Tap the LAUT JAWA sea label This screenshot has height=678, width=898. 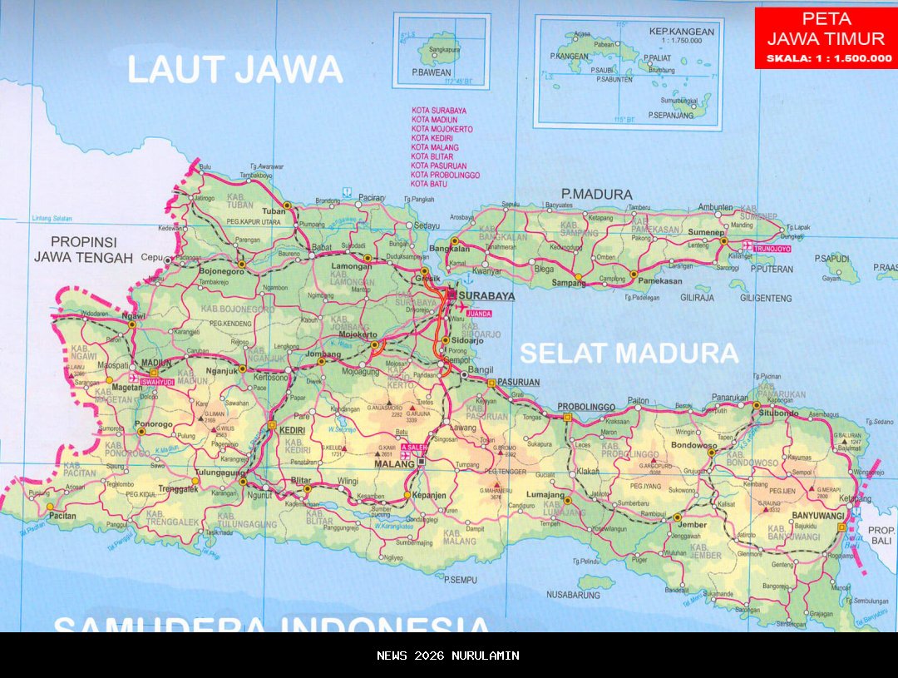click(x=234, y=69)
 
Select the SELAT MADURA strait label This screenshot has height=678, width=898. click(x=629, y=354)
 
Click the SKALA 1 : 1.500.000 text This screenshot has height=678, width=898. click(x=828, y=58)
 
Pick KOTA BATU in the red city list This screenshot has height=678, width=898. click(x=429, y=184)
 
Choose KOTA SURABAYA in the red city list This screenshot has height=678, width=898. click(x=438, y=111)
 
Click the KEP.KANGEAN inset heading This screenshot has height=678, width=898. click(x=681, y=32)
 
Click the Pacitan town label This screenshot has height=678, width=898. click(x=62, y=517)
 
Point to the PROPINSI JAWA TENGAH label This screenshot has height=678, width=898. click(x=83, y=249)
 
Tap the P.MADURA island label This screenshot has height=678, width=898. click(x=596, y=194)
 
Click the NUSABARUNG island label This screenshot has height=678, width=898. click(x=572, y=595)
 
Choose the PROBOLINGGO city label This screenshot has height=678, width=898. click(x=586, y=407)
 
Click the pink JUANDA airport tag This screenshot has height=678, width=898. click(x=480, y=314)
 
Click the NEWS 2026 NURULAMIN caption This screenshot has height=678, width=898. click(x=448, y=656)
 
